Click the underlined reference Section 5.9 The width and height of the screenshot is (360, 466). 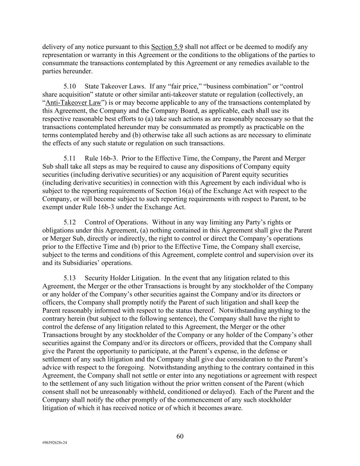167,47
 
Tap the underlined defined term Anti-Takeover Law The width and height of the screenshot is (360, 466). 73,102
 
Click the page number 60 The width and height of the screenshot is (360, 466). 180,436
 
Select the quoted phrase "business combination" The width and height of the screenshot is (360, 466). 235,86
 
